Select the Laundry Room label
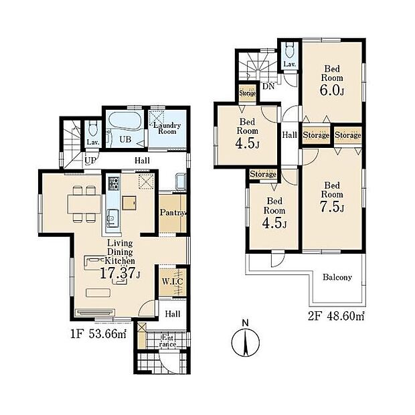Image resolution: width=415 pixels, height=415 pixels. click(167, 129)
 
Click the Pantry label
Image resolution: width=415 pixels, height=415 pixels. click(173, 213)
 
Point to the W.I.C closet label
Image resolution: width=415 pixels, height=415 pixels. click(172, 282)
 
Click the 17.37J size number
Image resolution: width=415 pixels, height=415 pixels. click(120, 273)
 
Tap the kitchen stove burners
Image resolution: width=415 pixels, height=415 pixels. click(114, 183)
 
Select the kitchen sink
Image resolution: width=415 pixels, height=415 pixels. click(113, 218)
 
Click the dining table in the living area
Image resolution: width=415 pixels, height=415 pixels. click(84, 203)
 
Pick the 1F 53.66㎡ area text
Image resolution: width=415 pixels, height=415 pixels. click(98, 334)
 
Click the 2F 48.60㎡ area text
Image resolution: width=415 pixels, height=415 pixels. click(336, 317)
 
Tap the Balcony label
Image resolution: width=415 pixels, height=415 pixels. click(337, 277)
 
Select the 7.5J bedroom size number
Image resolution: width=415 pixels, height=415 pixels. click(332, 207)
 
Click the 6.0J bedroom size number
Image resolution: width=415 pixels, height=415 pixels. click(332, 90)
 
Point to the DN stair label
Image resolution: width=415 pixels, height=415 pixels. click(268, 86)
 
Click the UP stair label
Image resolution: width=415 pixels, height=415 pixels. click(90, 161)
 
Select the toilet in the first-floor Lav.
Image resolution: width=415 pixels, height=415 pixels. click(92, 129)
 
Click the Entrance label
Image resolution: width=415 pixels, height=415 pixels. click(167, 341)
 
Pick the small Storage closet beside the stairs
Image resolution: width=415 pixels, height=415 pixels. click(248, 93)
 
